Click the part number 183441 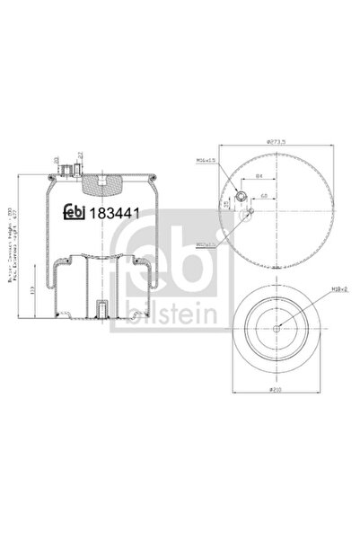(117, 214)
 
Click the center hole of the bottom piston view (277, 329)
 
